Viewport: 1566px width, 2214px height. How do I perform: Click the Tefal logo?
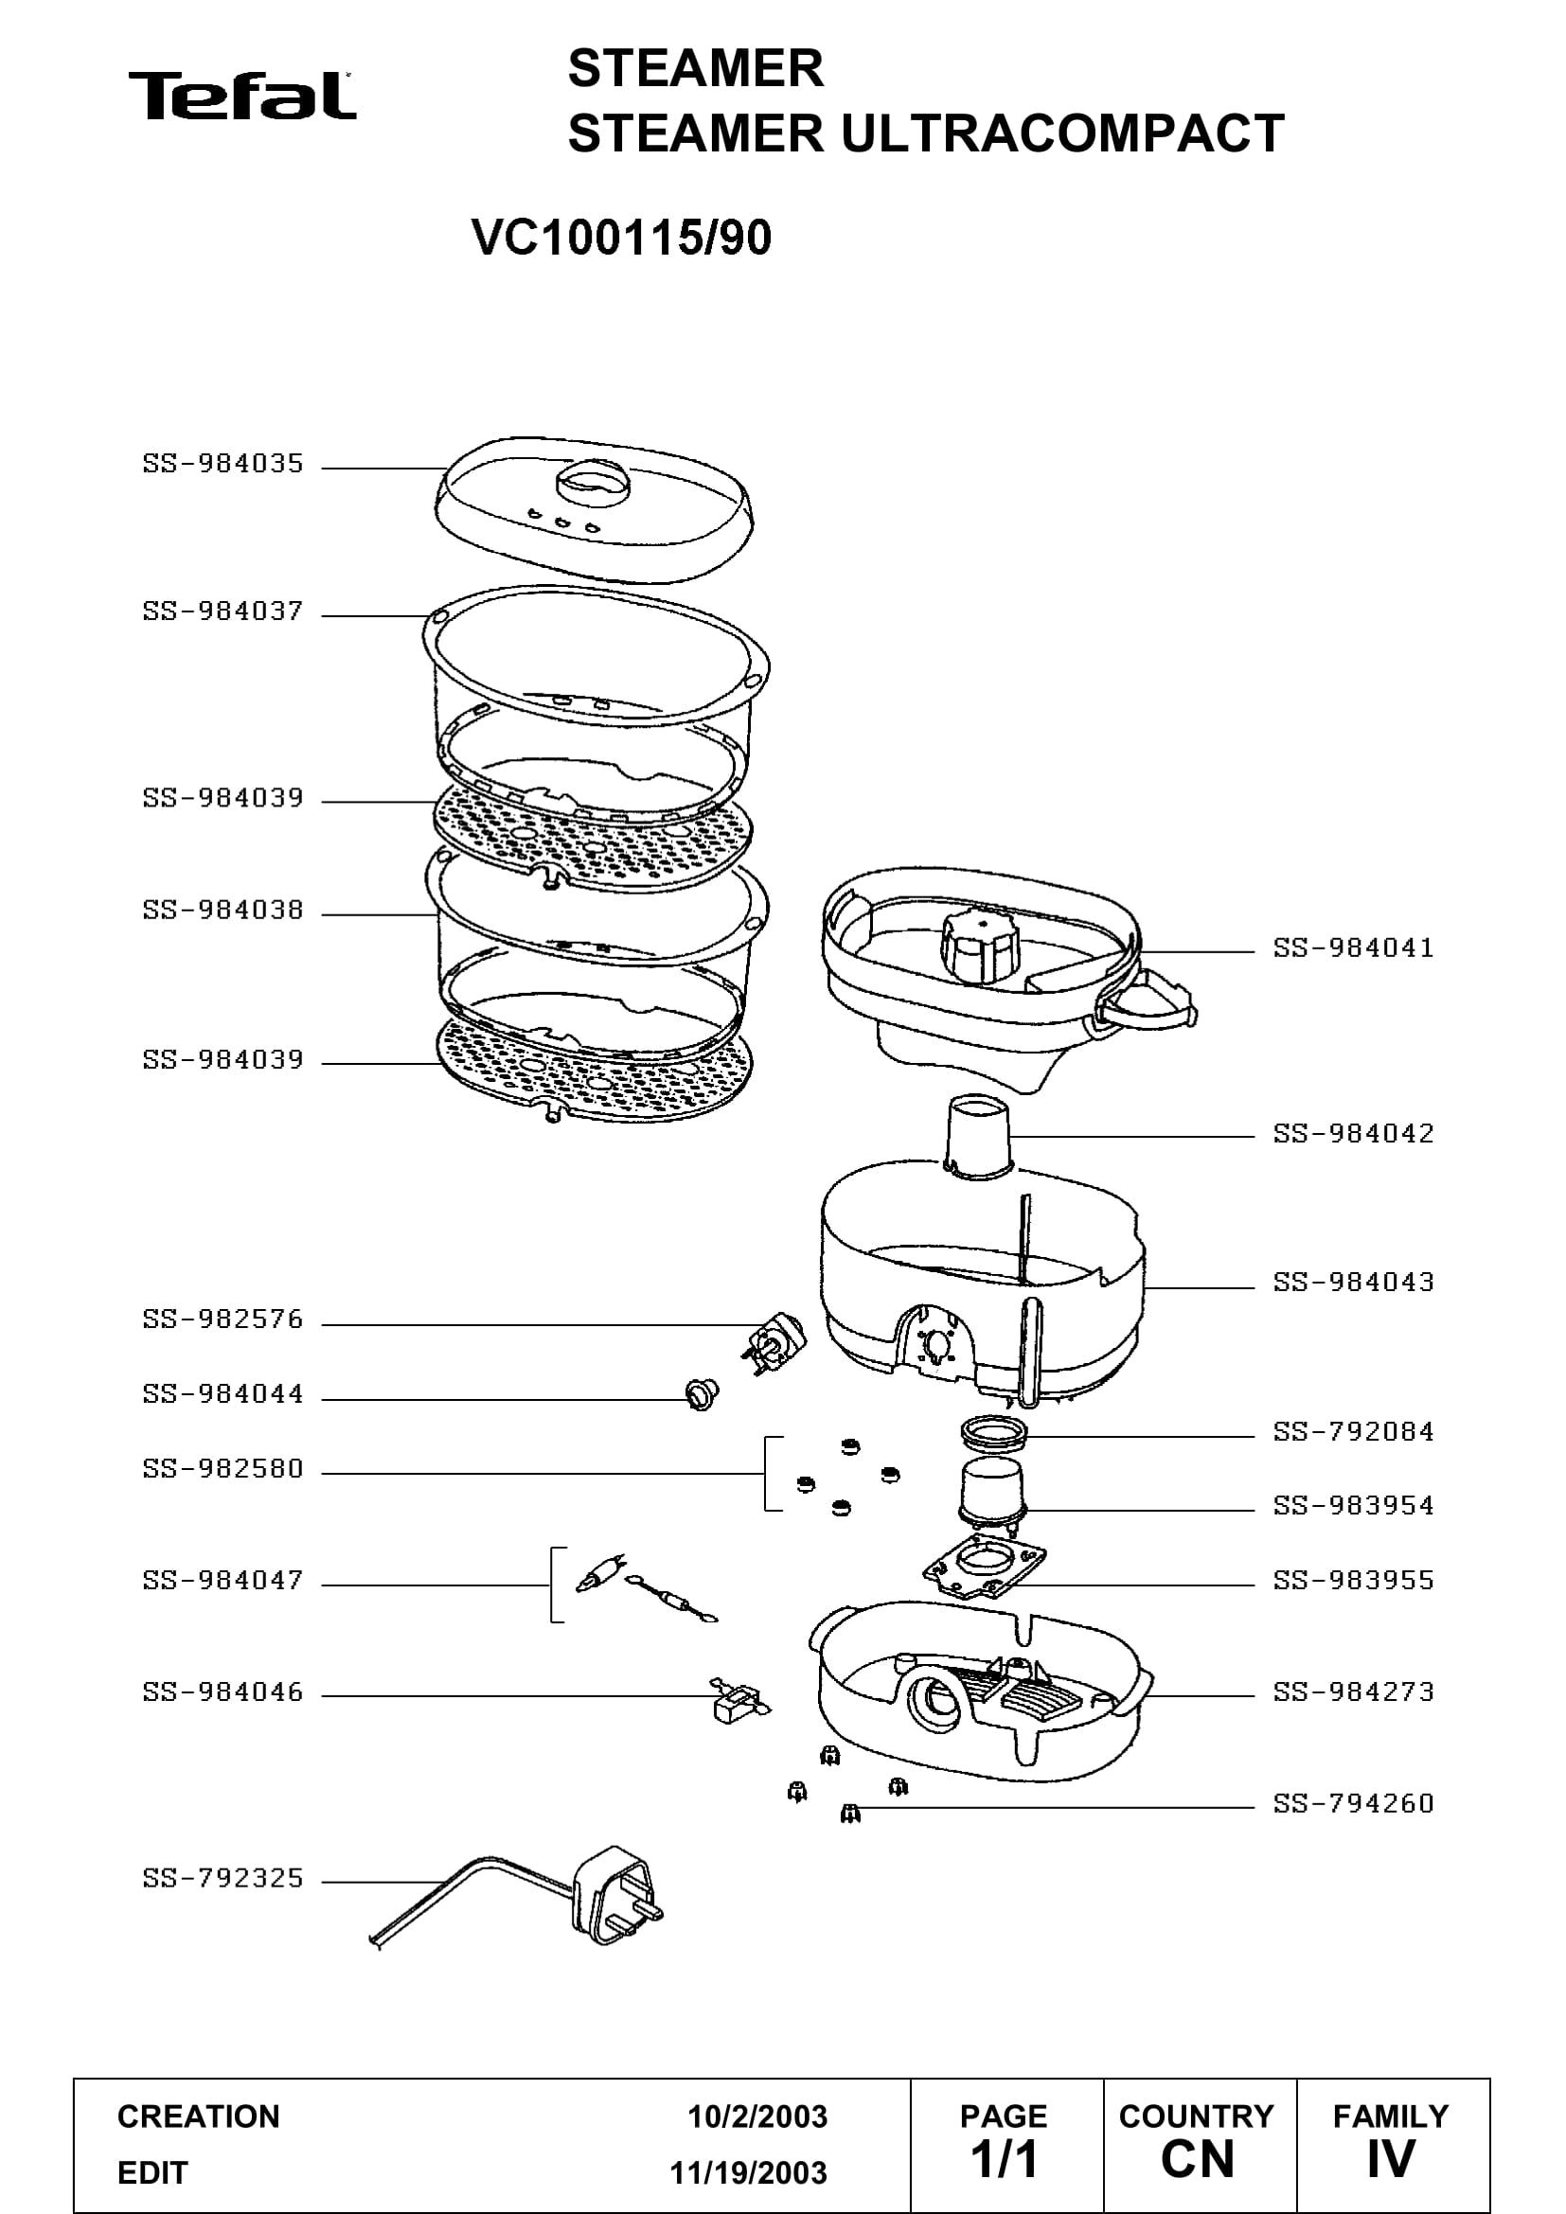pyautogui.click(x=242, y=96)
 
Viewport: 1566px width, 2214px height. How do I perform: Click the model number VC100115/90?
pyautogui.click(x=622, y=238)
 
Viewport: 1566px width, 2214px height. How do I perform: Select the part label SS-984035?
pyautogui.click(x=222, y=464)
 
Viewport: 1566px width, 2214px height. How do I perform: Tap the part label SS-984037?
pyautogui.click(x=222, y=611)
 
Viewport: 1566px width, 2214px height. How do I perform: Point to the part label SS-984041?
pyautogui.click(x=1353, y=948)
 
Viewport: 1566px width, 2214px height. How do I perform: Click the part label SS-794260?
pyautogui.click(x=1353, y=1803)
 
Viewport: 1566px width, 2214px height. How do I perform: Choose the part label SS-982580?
pyautogui.click(x=222, y=1469)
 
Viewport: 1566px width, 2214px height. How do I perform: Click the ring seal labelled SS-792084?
pyautogui.click(x=993, y=1432)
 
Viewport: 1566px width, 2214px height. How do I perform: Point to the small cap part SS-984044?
pyautogui.click(x=702, y=1394)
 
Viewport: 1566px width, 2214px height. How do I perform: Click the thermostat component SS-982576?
pyautogui.click(x=774, y=1341)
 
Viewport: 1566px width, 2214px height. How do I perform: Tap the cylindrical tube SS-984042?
pyautogui.click(x=980, y=1137)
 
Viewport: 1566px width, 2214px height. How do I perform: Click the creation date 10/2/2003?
pyautogui.click(x=757, y=2117)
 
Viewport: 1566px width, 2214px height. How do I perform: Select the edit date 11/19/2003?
pyautogui.click(x=748, y=2172)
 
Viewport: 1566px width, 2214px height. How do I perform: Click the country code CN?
pyautogui.click(x=1198, y=2160)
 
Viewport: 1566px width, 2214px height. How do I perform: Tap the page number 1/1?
pyautogui.click(x=1004, y=2160)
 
